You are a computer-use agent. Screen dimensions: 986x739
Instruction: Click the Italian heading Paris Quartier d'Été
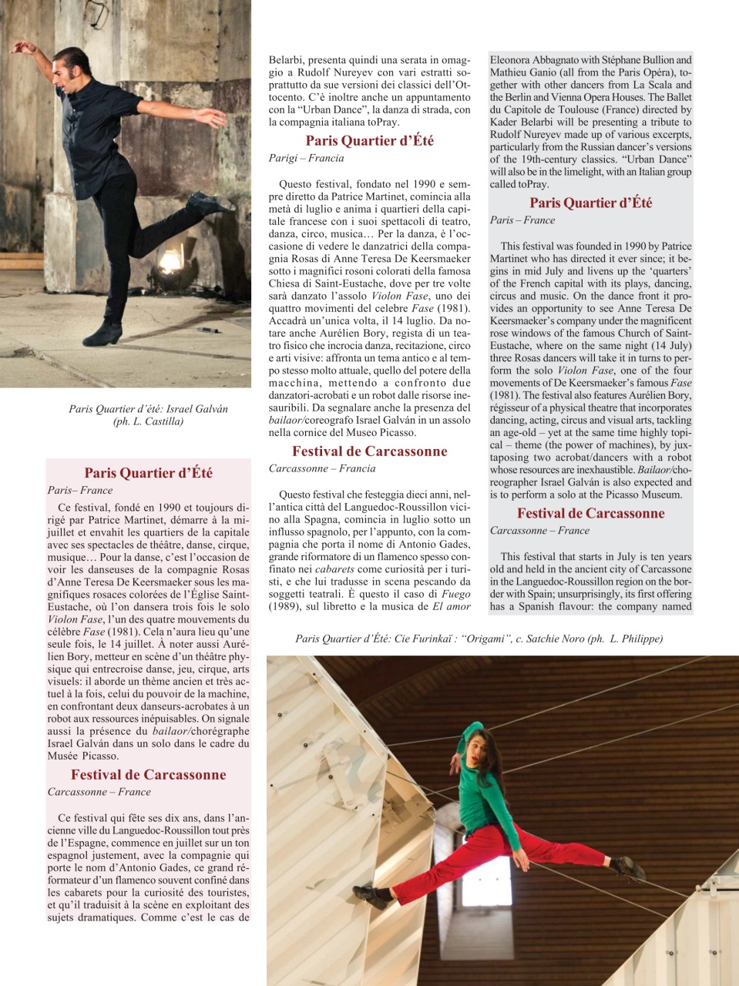pos(369,141)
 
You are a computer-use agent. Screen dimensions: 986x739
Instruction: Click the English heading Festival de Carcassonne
pos(590,514)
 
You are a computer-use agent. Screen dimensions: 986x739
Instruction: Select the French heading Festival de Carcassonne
pos(148,776)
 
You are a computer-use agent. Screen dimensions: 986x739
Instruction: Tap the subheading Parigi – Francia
pos(306,159)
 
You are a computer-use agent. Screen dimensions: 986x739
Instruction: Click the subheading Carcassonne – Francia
pos(322,469)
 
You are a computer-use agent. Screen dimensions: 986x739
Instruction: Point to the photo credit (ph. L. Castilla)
pos(148,421)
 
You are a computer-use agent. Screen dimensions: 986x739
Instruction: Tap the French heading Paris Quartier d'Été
pos(148,474)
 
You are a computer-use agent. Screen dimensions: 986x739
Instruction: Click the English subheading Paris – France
pos(522,220)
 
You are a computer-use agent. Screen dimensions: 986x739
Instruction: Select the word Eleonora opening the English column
pos(512,60)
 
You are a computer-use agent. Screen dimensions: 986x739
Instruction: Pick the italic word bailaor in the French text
pos(170,732)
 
